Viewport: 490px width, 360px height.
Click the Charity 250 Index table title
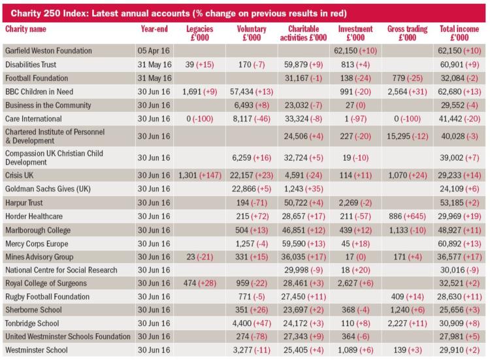179,14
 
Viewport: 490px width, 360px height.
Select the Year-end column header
154,29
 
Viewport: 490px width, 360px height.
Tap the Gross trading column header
407,33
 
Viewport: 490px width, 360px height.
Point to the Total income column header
459,33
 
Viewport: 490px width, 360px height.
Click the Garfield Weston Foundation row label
48,50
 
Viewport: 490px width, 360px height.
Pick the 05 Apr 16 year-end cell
154,50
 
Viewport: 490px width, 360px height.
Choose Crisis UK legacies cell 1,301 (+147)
200,175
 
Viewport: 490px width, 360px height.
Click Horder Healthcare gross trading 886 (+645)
407,216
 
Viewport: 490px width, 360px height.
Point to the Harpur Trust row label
24,203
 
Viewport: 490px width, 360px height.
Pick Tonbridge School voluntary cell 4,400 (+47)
252,323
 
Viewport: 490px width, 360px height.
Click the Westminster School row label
36,350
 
